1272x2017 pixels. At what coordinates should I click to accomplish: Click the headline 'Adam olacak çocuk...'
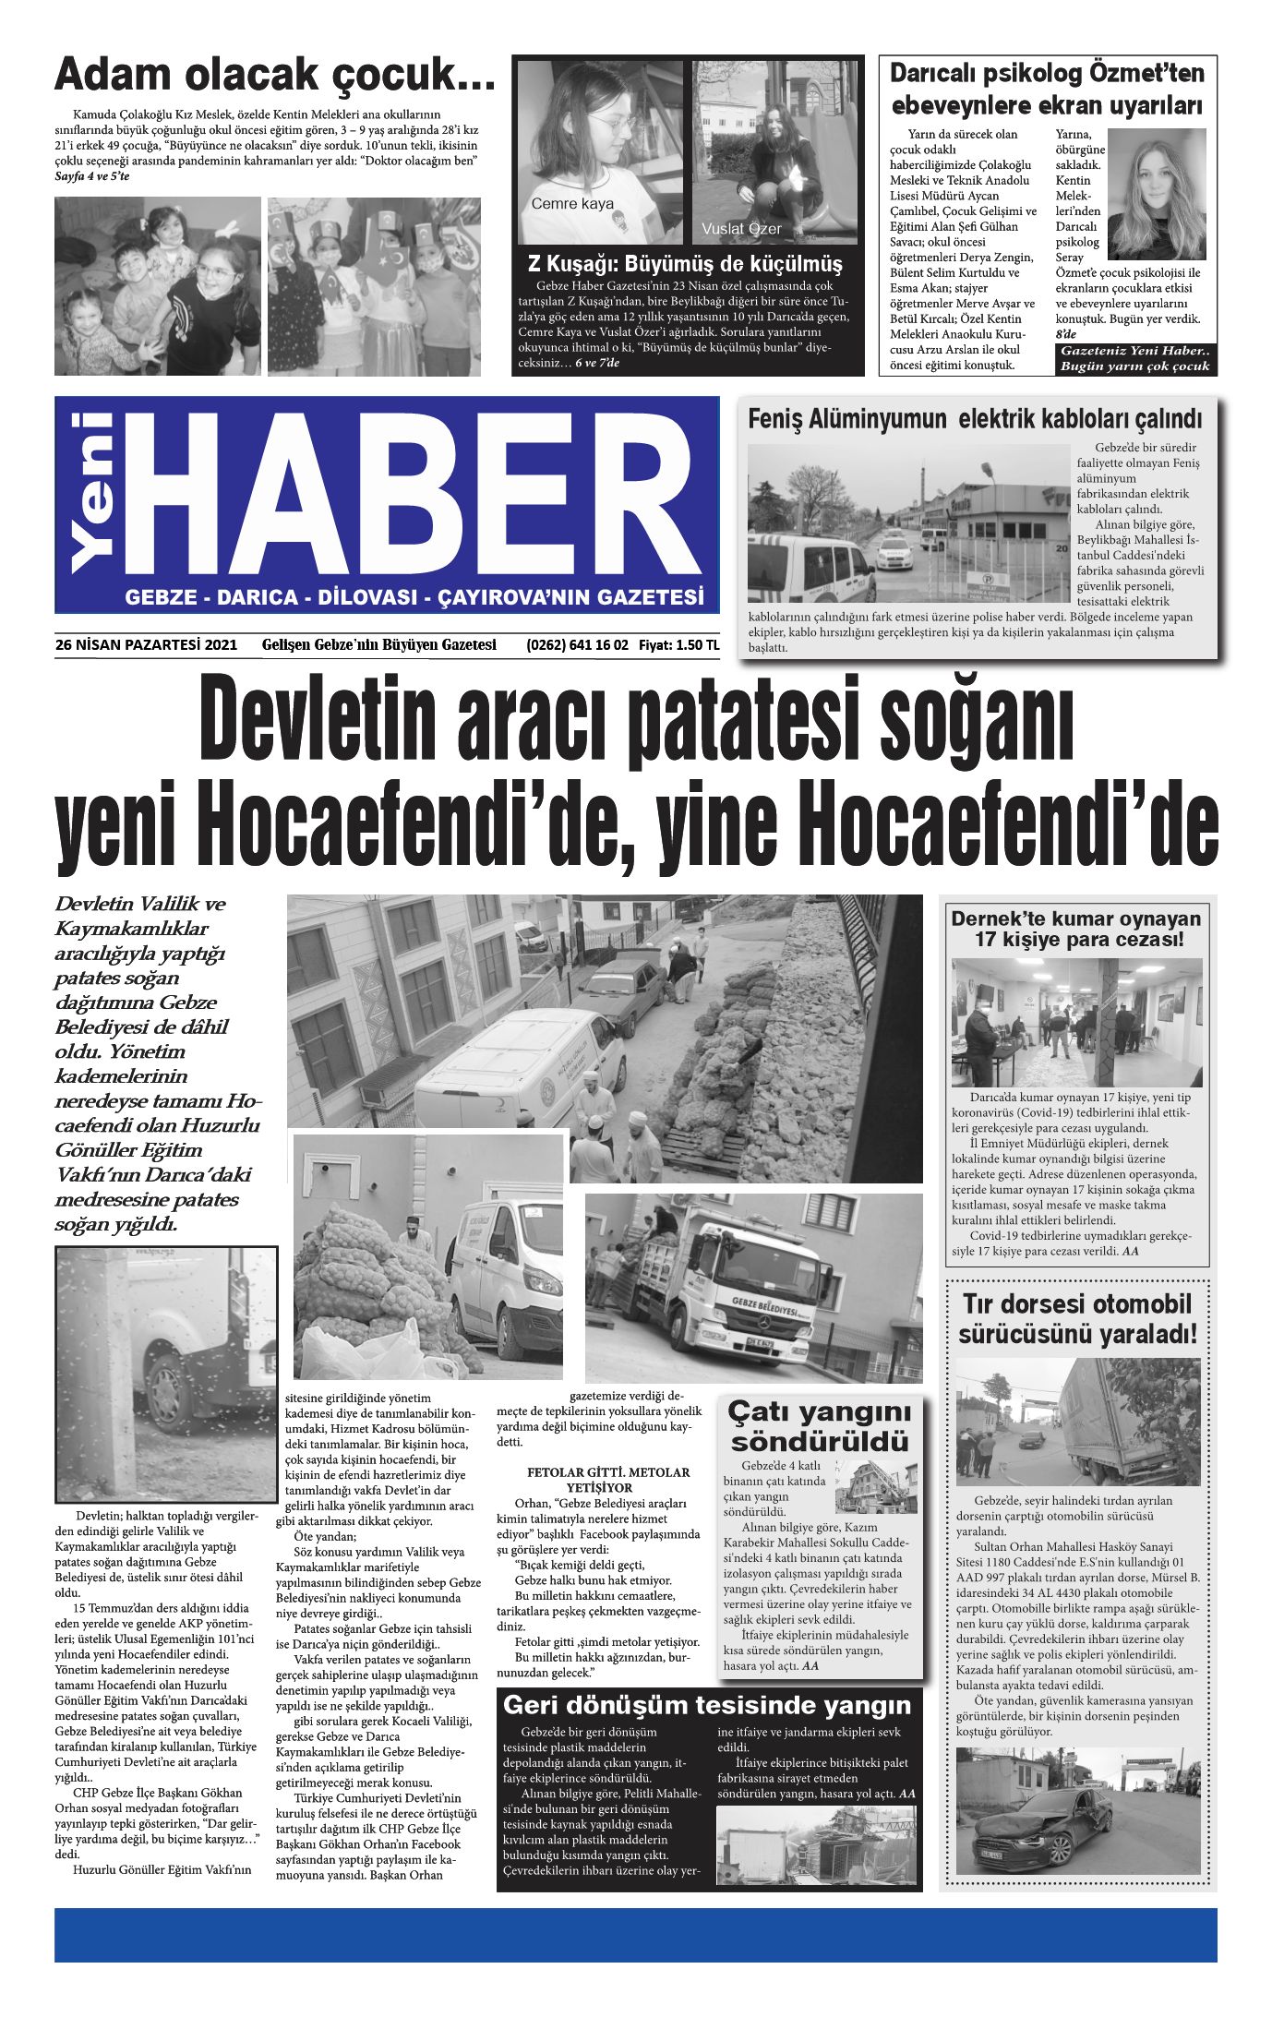pyautogui.click(x=274, y=75)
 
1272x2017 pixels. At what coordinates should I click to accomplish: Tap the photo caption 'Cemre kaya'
pyautogui.click(x=572, y=204)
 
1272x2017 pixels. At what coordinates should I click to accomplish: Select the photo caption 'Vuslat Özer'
pyautogui.click(x=741, y=229)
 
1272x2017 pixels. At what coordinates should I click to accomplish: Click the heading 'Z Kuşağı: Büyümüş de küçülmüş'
pyautogui.click(x=684, y=265)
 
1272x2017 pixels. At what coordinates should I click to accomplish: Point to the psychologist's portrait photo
pyautogui.click(x=1156, y=194)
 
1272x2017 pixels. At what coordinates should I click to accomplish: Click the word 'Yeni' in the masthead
pyautogui.click(x=92, y=492)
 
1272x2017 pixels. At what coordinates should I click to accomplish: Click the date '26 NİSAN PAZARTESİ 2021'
pyautogui.click(x=146, y=645)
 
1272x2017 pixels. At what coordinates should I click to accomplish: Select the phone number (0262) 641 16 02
pyautogui.click(x=577, y=645)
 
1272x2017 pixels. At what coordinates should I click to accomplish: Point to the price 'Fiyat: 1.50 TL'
pyautogui.click(x=678, y=645)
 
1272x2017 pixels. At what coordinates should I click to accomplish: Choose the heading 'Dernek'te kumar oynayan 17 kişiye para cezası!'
pyautogui.click(x=1076, y=930)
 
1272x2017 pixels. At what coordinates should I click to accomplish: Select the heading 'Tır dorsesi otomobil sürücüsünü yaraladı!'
pyautogui.click(x=1077, y=1318)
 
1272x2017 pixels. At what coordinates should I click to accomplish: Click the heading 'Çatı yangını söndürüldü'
pyautogui.click(x=819, y=1425)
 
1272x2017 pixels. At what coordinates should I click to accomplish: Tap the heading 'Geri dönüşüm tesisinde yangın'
pyautogui.click(x=707, y=1705)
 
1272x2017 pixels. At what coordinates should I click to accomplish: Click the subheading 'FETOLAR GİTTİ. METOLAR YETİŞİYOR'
pyautogui.click(x=599, y=1480)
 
